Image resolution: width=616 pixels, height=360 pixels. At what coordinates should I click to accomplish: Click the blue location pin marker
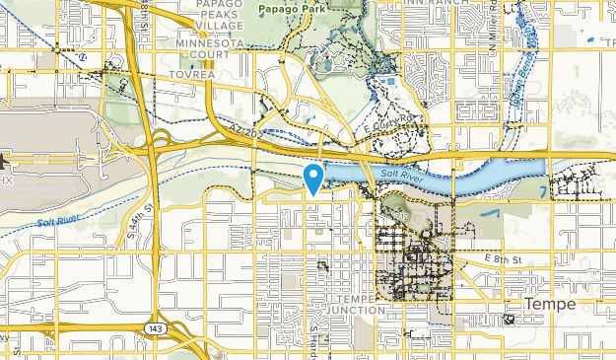pos(313,178)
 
